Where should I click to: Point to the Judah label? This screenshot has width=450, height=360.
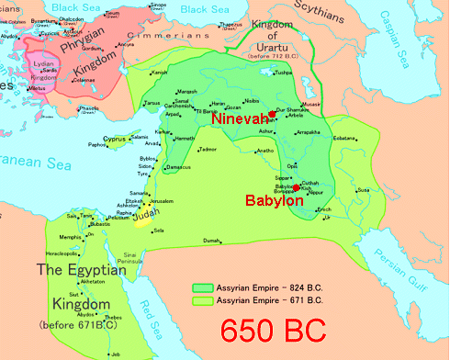tap(144, 219)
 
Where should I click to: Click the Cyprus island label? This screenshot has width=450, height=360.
tap(114, 140)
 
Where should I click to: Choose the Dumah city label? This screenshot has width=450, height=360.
tap(212, 241)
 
